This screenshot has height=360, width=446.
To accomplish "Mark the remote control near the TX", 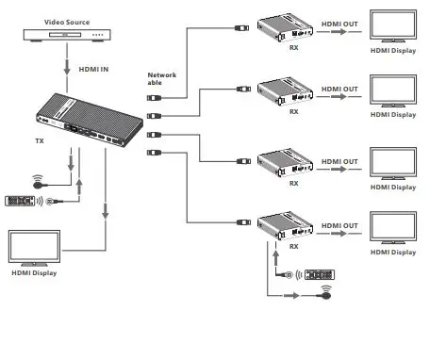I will tap(20, 201).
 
